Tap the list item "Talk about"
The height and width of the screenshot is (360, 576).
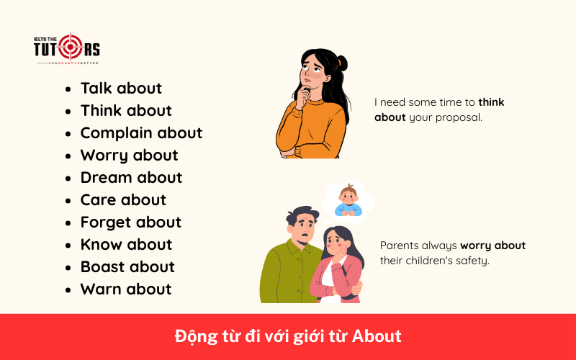tap(121, 89)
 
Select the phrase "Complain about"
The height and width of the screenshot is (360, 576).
tap(141, 133)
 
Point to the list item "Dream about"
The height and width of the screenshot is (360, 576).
tap(131, 178)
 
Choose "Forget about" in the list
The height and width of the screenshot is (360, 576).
tap(130, 222)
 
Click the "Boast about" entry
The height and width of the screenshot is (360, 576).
tap(127, 267)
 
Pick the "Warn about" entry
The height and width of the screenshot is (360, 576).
tap(126, 289)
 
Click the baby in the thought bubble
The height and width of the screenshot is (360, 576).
tap(348, 201)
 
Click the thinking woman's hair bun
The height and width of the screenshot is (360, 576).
tap(341, 63)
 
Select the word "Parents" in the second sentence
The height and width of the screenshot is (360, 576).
tap(400, 246)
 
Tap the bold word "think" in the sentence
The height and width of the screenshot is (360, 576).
tap(491, 102)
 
